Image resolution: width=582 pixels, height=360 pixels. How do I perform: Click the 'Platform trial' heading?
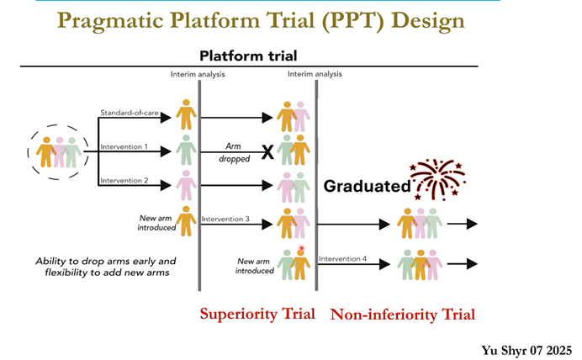click(x=248, y=56)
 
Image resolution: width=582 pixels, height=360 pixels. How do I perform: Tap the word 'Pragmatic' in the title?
click(x=110, y=20)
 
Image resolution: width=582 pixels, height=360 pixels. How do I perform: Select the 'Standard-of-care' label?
click(x=130, y=113)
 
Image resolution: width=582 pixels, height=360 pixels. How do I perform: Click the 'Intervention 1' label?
click(x=124, y=146)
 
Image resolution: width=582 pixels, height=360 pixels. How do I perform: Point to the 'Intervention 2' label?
click(x=124, y=180)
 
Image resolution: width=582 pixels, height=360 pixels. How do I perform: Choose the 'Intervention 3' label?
click(x=225, y=219)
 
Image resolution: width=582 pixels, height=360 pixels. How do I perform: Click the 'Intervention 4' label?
click(x=342, y=259)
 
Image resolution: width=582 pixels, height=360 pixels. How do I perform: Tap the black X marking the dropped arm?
click(x=267, y=151)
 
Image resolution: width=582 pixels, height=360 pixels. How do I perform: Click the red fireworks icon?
click(x=437, y=180)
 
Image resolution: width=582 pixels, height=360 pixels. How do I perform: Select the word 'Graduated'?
click(x=367, y=186)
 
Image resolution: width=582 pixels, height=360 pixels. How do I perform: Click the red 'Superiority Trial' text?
click(x=257, y=314)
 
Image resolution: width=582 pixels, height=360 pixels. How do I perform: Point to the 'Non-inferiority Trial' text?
click(x=403, y=315)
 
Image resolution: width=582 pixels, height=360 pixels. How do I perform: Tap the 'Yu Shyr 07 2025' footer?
click(x=526, y=351)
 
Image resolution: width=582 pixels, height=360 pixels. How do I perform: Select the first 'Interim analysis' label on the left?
click(x=198, y=74)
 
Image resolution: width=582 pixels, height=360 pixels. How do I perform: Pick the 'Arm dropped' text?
click(x=234, y=152)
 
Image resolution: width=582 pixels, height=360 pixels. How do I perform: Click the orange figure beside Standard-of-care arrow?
click(x=186, y=114)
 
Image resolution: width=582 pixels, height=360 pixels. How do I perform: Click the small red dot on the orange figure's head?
click(x=301, y=248)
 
